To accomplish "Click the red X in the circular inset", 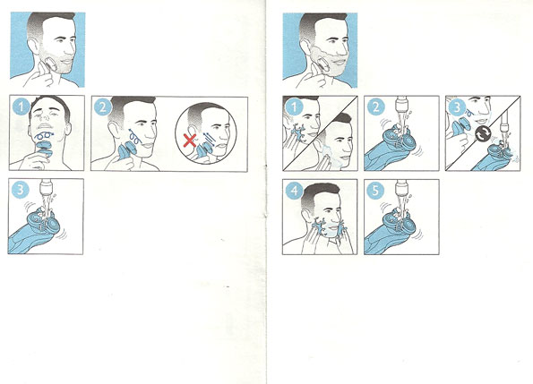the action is (189, 141).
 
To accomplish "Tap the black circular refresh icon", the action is (482, 133).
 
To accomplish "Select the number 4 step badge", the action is (294, 190).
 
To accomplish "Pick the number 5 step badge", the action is (375, 190).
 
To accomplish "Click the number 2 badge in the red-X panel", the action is (102, 107).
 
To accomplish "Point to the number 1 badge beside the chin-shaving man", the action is (21, 107).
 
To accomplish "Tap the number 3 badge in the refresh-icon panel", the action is (457, 107).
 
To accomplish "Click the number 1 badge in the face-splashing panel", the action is (294, 107).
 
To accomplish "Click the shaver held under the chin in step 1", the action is (44, 149).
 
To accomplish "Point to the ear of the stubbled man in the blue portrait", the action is (33, 46).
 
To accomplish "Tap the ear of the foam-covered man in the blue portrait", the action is (305, 46).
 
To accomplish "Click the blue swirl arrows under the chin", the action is (43, 136).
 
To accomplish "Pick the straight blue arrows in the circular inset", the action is (209, 139).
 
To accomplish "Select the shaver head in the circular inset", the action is (205, 148).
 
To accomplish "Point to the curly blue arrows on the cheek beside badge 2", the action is (134, 136).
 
